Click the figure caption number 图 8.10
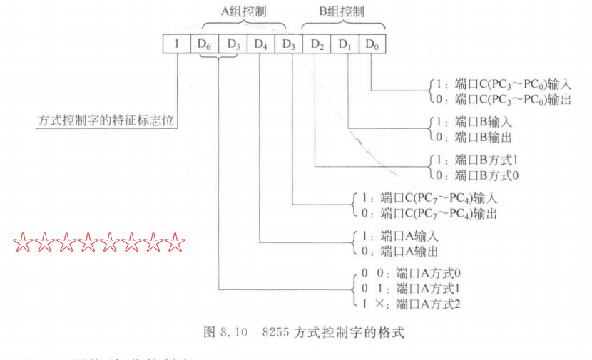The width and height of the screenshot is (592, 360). pyautogui.click(x=225, y=333)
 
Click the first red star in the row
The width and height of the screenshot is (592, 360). pyautogui.click(x=24, y=245)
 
